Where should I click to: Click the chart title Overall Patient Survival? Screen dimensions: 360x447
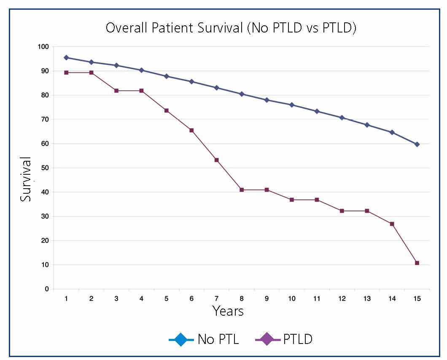pos(231,28)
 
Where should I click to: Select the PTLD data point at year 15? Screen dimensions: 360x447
pos(417,263)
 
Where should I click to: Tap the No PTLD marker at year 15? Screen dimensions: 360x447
pos(417,144)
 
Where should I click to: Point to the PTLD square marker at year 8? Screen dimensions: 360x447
pos(242,190)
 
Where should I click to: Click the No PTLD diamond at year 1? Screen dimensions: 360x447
pos(66,57)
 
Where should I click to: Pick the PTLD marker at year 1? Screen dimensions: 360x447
pos(66,73)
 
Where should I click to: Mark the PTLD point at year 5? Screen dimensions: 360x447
pos(167,111)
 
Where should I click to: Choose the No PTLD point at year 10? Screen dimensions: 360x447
pos(292,105)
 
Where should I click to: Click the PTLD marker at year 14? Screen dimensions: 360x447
pos(392,224)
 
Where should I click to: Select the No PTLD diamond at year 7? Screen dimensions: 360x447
pos(217,88)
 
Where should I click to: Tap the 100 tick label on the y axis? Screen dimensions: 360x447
pos(43,47)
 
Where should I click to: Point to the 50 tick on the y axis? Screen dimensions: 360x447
pos(45,168)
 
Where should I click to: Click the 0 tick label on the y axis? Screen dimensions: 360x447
pos(47,289)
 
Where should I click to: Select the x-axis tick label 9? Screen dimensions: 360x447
pos(267,299)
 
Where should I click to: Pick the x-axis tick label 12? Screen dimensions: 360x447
pos(342,299)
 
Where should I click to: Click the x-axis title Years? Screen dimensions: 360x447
pos(228,311)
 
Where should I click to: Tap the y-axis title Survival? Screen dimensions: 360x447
pos(26,179)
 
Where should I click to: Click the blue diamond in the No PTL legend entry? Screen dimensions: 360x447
pos(181,339)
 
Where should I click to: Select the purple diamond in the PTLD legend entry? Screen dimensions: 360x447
pos(268,339)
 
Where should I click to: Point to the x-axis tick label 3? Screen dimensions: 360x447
pos(116,299)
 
